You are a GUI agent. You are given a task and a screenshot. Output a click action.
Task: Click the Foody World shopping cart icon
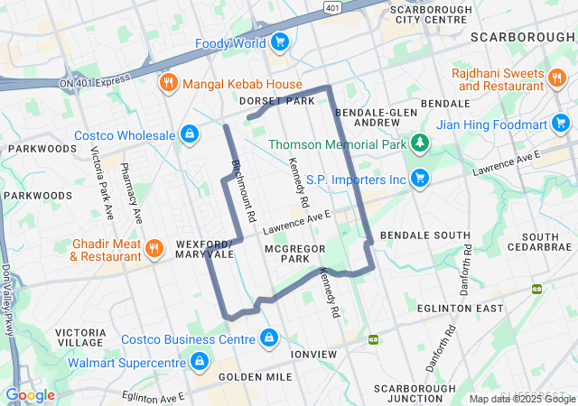click(x=280, y=42)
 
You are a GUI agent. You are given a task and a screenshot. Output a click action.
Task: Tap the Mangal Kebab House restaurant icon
click(x=168, y=85)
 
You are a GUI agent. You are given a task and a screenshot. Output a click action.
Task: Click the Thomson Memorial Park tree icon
click(x=419, y=143)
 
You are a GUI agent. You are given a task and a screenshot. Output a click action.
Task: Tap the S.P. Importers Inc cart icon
click(x=419, y=179)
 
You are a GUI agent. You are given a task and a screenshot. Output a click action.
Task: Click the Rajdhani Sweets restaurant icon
click(x=558, y=78)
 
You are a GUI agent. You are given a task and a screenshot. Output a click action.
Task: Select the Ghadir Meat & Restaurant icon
click(x=154, y=248)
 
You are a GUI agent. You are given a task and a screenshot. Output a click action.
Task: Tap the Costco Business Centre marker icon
click(x=268, y=338)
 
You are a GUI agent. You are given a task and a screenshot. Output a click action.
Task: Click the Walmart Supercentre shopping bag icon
click(x=199, y=363)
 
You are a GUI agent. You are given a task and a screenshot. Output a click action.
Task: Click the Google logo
click(x=30, y=394)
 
